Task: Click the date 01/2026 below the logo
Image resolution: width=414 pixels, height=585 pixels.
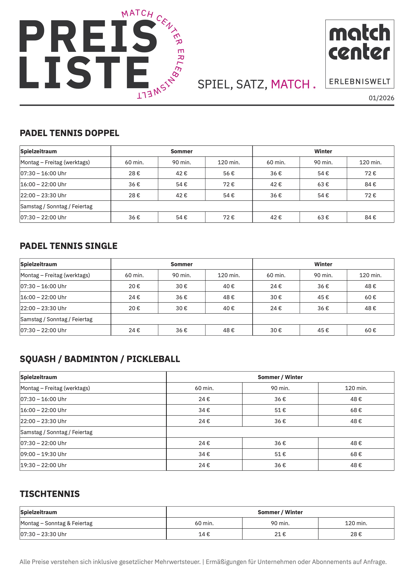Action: pos(381,98)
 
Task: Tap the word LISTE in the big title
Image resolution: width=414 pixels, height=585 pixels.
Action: pos(84,72)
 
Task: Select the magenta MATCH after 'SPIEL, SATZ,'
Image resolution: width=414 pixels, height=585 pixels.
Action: pos(290,84)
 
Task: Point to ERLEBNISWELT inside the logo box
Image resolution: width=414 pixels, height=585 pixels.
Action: pos(359,82)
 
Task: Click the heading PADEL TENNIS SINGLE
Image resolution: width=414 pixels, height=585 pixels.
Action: pos(69,246)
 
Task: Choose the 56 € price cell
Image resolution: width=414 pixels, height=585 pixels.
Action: pos(229,173)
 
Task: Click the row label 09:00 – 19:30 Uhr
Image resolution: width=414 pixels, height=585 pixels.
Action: pos(43,454)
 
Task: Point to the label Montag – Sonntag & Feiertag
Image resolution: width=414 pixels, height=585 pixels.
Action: pos(56,523)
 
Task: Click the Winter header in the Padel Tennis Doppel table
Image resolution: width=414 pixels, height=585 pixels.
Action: pos(323,151)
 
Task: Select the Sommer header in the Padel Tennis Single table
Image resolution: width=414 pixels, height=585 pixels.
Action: pos(182,264)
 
